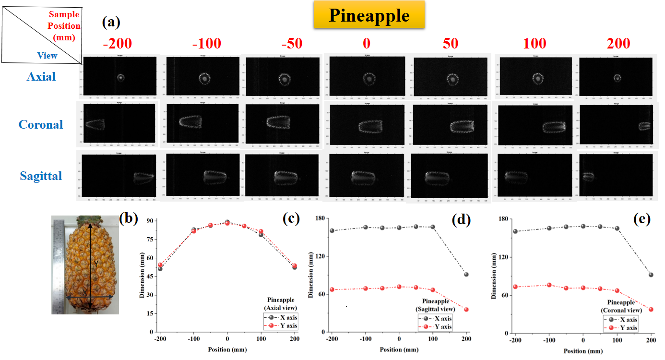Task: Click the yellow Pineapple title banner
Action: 369,15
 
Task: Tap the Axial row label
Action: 41,76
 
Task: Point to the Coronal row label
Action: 41,124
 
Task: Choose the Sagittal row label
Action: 41,176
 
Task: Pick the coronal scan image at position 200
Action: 617,125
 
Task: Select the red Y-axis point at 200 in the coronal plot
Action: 651,310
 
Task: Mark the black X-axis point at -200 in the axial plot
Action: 160,269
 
